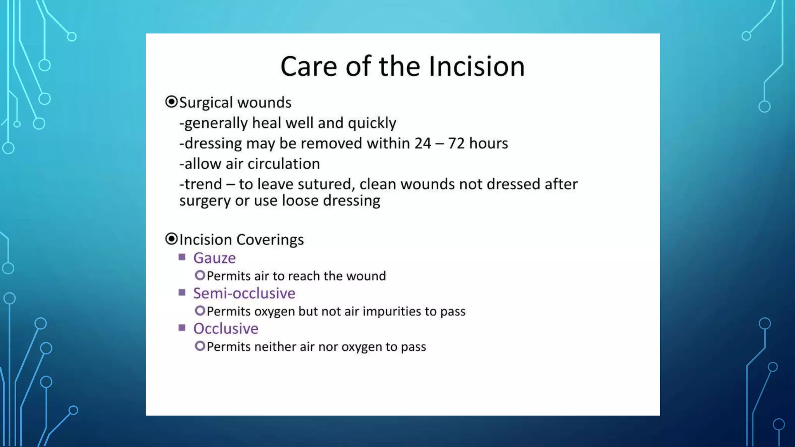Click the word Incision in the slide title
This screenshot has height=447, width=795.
coord(477,66)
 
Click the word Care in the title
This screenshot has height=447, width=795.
coord(309,66)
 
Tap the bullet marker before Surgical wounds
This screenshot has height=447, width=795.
coord(171,102)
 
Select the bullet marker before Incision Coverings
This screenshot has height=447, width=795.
coord(171,239)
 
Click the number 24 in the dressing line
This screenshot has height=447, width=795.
coord(422,144)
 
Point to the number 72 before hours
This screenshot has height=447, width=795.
coord(456,144)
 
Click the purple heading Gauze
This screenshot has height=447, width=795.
coord(214,258)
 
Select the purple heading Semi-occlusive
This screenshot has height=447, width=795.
coord(244,293)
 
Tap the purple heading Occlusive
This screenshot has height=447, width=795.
coord(226,329)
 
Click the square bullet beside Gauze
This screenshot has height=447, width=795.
coord(182,257)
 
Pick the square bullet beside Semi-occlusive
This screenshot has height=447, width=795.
coord(182,292)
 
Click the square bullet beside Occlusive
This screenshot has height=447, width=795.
coord(182,328)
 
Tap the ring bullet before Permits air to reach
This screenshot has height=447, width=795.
coord(200,275)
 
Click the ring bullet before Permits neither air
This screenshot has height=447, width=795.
coord(200,346)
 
